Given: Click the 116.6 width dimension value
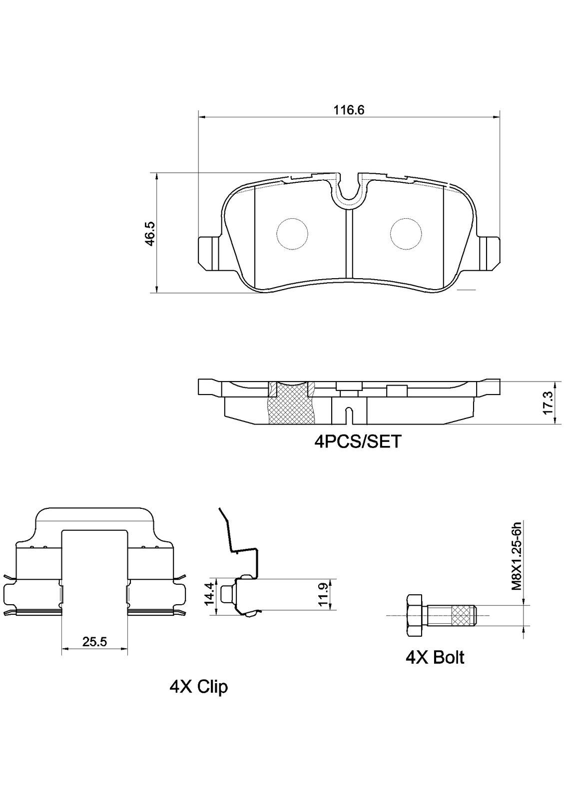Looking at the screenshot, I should [x=349, y=110].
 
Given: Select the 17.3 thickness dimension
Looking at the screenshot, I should [x=548, y=402].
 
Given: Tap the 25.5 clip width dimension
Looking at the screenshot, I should [x=95, y=642].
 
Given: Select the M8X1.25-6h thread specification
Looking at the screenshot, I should [x=517, y=556].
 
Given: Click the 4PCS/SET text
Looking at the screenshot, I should [x=358, y=441].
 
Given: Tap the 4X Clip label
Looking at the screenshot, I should [x=198, y=687].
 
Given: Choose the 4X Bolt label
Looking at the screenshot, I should [x=435, y=657].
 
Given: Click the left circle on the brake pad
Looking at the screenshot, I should [x=292, y=233].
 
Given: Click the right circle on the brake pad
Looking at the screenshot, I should [x=407, y=233].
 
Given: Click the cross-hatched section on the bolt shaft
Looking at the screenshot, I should [x=462, y=616].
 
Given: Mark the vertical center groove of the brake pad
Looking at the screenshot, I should [x=349, y=245].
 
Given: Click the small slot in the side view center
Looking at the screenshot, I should [x=349, y=414].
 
